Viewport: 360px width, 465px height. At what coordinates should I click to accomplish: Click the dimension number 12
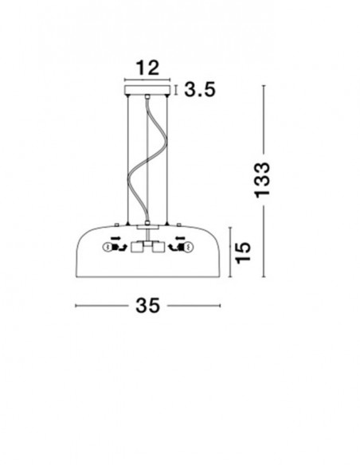click(x=147, y=68)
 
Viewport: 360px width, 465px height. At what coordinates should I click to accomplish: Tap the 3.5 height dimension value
click(x=200, y=89)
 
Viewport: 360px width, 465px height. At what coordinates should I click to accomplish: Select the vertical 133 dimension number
click(x=263, y=180)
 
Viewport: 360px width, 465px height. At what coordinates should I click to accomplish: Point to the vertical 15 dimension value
click(x=243, y=252)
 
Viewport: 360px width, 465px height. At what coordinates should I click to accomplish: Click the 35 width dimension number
click(x=147, y=306)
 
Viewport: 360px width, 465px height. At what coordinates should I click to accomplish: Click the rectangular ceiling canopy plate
click(x=147, y=90)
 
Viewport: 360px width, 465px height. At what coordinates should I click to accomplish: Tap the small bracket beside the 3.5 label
click(x=176, y=90)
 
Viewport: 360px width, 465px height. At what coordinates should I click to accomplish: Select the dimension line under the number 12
click(x=147, y=80)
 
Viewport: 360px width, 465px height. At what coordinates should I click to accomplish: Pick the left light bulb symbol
click(x=107, y=247)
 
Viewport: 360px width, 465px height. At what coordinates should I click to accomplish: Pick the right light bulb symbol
click(x=188, y=247)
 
